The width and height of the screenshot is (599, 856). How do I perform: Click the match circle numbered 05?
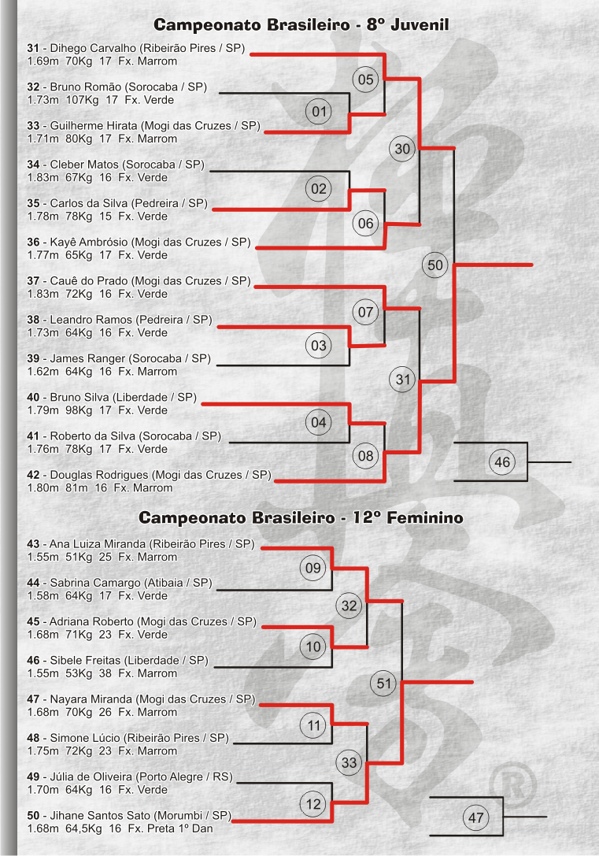pos(365,80)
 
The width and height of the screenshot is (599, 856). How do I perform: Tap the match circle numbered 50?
pos(434,265)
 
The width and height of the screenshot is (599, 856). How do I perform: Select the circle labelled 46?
pos(502,462)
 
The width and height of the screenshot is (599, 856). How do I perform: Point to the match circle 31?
pos(402,380)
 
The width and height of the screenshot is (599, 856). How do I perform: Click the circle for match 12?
pos(313,804)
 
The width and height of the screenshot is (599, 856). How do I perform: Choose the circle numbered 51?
pos(384,684)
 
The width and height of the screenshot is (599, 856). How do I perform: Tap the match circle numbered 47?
pos(475,817)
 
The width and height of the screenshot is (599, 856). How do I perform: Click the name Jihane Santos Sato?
pos(100,816)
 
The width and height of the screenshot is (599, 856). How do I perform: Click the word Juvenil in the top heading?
pos(420,24)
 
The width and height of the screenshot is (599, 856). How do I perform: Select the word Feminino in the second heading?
pos(425,517)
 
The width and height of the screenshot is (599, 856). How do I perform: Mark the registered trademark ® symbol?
pos(513,786)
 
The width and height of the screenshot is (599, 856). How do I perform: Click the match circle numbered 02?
pos(319,190)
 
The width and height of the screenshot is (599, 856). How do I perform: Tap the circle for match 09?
pos(313,569)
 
